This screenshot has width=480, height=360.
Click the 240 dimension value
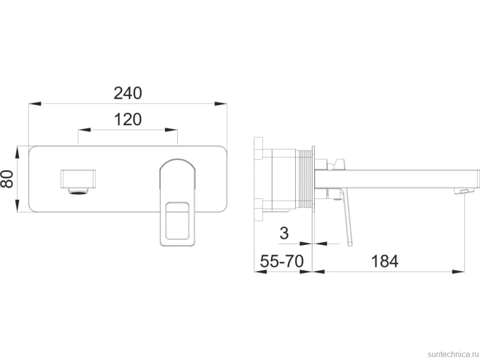pyautogui.click(x=128, y=93)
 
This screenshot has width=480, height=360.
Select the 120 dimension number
pyautogui.click(x=128, y=120)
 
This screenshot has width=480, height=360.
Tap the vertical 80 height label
pyautogui.click(x=7, y=179)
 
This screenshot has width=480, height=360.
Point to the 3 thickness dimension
pyautogui.click(x=284, y=233)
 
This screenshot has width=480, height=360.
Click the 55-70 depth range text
pyautogui.click(x=282, y=262)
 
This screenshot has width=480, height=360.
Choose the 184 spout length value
pyautogui.click(x=385, y=262)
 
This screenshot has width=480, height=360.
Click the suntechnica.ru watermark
pyautogui.click(x=453, y=354)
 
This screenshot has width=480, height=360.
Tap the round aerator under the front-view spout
pyautogui.click(x=79, y=192)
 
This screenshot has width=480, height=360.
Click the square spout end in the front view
pyautogui.click(x=79, y=178)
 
